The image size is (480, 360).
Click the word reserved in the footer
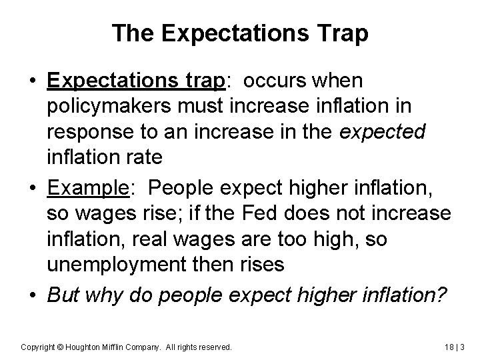coord(215,347)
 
